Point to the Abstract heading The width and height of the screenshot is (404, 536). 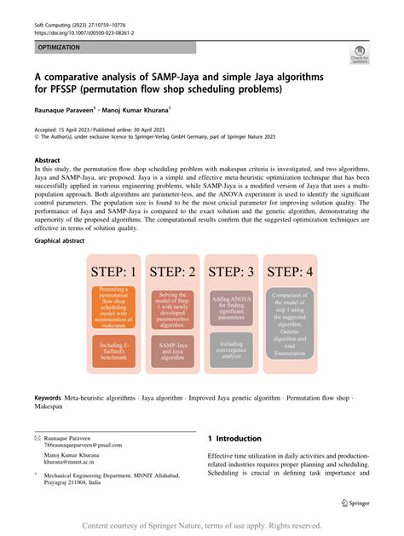tap(47, 159)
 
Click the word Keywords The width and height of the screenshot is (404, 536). tap(47, 398)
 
